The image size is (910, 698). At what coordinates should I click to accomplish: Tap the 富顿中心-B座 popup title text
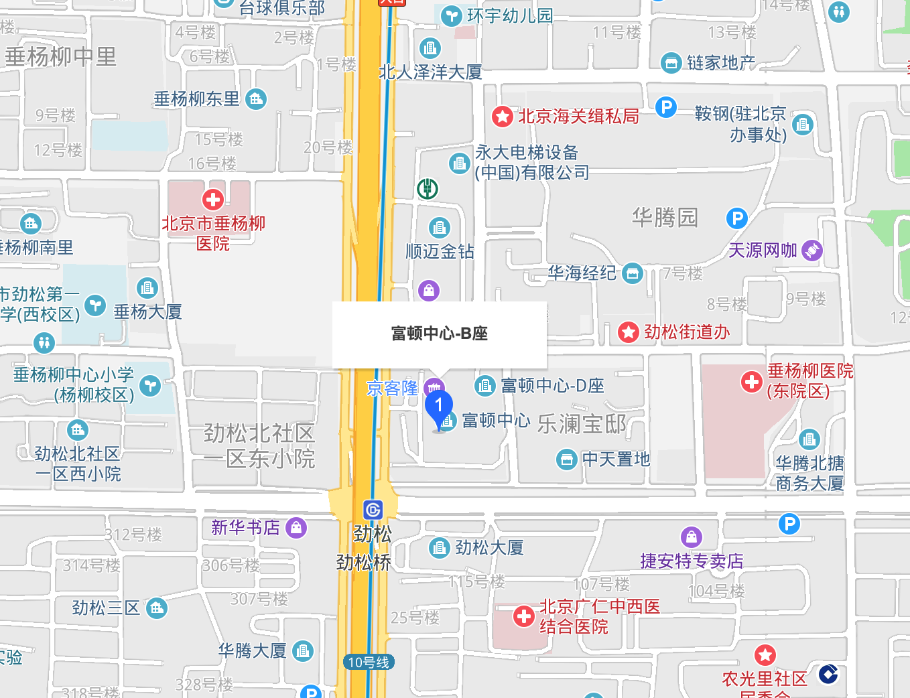click(x=440, y=334)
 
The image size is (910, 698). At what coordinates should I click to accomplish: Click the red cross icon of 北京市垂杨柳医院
click(x=213, y=199)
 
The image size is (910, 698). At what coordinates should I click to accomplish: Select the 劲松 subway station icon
click(x=373, y=510)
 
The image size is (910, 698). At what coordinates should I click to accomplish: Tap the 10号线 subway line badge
click(x=369, y=662)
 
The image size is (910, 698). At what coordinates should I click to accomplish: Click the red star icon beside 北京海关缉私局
click(x=502, y=117)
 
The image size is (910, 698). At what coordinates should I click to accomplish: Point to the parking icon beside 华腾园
click(x=736, y=218)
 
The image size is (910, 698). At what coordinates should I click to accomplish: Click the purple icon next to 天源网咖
click(x=811, y=251)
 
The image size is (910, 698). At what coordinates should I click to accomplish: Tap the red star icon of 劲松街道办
click(x=628, y=332)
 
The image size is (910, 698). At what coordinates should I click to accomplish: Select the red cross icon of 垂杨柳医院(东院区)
click(x=751, y=382)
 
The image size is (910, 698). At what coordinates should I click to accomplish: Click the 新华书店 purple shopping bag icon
click(x=296, y=528)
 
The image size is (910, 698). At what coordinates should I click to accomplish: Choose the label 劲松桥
click(x=363, y=563)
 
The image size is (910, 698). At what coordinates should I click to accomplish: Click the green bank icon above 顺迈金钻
click(x=428, y=189)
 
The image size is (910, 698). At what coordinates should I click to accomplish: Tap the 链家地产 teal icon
click(x=670, y=63)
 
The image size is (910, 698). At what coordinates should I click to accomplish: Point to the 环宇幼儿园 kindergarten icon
click(x=452, y=15)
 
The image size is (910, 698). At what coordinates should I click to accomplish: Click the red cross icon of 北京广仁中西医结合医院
click(x=523, y=616)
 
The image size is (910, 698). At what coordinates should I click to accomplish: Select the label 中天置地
click(x=616, y=460)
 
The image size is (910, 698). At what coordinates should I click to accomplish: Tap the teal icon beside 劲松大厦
click(x=439, y=548)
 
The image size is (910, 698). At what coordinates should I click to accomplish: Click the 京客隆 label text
click(x=392, y=389)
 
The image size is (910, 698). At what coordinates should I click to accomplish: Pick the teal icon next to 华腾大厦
click(x=303, y=650)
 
